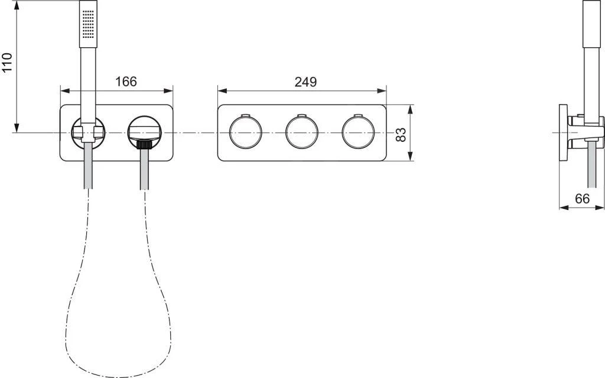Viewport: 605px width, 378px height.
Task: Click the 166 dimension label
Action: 125,82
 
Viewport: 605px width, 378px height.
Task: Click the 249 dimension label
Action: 305,82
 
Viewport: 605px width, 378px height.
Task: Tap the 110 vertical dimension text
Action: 7,63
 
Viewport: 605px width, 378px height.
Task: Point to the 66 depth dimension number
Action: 582,199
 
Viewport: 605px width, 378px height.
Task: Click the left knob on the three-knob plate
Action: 245,133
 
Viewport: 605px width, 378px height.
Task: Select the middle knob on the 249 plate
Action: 301,133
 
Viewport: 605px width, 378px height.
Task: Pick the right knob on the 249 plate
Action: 357,133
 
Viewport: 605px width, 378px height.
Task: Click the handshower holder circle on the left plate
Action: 89,131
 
